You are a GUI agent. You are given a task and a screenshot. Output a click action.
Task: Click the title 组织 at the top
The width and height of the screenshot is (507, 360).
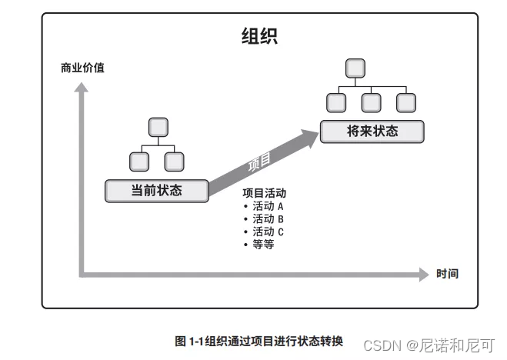[x=259, y=36]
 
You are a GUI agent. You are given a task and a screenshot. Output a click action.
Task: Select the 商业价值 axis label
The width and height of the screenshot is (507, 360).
[x=82, y=68]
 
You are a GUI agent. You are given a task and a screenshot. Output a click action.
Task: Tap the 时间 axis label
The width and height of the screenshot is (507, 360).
[x=447, y=274]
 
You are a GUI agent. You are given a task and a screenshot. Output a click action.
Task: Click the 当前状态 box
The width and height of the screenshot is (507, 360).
[x=156, y=190]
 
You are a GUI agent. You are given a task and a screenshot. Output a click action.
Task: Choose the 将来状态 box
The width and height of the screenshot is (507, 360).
[x=372, y=131]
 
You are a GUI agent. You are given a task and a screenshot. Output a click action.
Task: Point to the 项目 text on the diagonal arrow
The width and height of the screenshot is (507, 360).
[x=260, y=162]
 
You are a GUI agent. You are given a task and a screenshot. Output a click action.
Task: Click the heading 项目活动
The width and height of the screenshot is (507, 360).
[x=264, y=194]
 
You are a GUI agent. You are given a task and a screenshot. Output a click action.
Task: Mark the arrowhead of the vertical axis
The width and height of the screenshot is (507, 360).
[x=80, y=89]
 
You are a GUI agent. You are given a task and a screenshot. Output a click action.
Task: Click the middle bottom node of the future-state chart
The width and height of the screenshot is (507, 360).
[x=372, y=102]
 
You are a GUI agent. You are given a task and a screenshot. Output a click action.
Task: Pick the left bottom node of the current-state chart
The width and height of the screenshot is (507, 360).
[x=138, y=161]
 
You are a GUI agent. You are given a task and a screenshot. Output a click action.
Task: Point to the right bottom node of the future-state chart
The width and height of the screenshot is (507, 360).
[x=407, y=102]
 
